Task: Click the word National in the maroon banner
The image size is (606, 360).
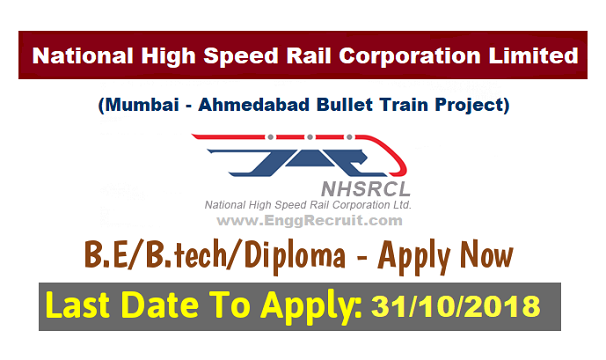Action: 76,55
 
